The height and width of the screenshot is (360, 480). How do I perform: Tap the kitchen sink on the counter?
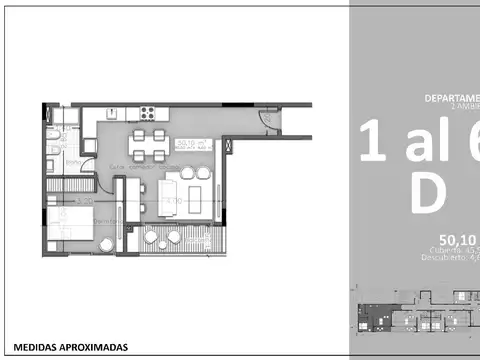click(111, 110)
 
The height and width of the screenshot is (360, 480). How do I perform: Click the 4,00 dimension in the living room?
click(173, 201)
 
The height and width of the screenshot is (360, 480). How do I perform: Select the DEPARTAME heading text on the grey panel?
click(450, 98)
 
